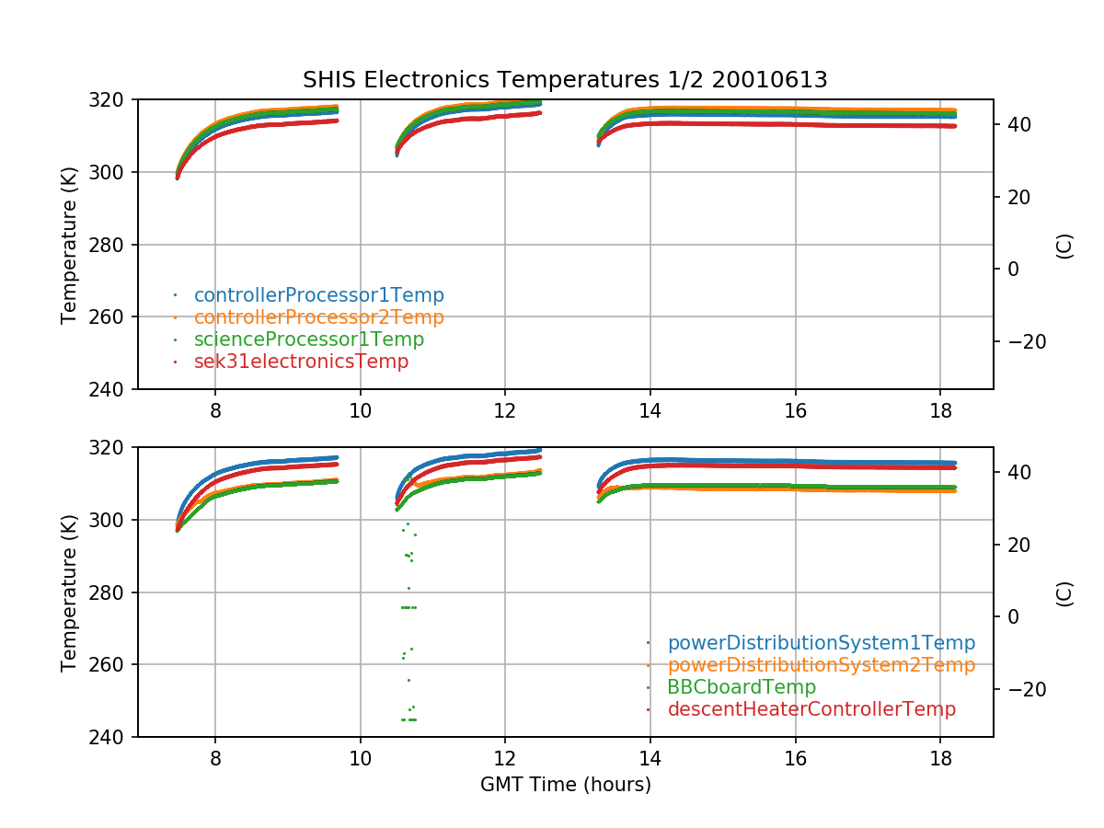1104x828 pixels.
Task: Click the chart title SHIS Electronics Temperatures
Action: [x=565, y=80]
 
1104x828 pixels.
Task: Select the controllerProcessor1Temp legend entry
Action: [x=318, y=295]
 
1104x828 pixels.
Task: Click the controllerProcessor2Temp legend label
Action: [x=318, y=317]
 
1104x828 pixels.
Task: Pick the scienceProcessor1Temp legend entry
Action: [x=308, y=339]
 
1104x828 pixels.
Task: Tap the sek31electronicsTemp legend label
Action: [x=301, y=362]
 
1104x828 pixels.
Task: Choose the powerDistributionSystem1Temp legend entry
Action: [x=821, y=643]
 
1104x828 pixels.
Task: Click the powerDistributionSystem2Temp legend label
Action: [x=821, y=665]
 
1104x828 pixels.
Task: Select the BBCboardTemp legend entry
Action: [x=742, y=687]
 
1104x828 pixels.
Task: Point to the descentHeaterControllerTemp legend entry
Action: [x=811, y=709]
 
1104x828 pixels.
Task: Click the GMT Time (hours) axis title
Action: [x=565, y=785]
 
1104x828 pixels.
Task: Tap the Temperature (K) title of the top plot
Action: [x=69, y=245]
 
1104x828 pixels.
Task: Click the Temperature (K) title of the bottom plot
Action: [x=69, y=592]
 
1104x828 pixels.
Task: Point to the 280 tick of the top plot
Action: [x=112, y=245]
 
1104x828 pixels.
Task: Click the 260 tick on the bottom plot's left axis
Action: [x=112, y=665]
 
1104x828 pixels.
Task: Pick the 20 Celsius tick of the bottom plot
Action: [x=1018, y=545]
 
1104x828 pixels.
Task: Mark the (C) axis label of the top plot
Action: [x=1064, y=245]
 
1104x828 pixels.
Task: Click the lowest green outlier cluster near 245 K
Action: [x=408, y=719]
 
